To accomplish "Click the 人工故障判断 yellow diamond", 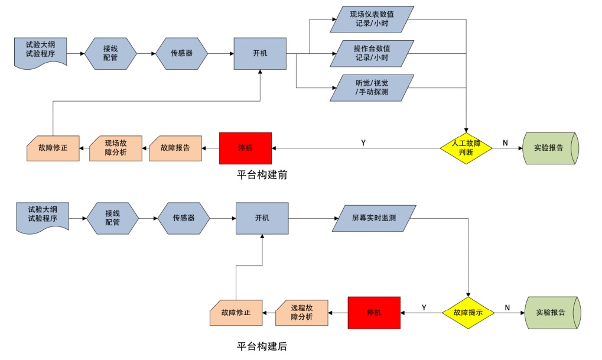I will tap(466, 147).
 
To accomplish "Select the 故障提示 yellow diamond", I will tap(468, 312).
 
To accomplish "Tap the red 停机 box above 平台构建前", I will tap(245, 148).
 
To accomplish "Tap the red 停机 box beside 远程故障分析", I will tap(374, 312).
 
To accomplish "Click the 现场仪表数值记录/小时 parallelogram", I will tap(373, 19).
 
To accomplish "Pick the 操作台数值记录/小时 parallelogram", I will tap(372, 53).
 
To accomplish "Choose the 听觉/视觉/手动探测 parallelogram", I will tap(372, 87).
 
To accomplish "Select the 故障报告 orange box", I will tap(175, 148).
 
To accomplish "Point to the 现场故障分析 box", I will tap(116, 147).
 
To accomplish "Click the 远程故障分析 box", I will tap(302, 312).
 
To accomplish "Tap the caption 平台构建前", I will tap(262, 176).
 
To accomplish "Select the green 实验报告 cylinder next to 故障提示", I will tap(552, 312).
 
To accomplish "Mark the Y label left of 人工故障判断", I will tap(363, 143).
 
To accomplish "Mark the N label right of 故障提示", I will tap(507, 307).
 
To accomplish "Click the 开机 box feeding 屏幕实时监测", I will tap(262, 218).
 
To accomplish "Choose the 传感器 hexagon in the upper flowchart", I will tap(181, 53).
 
